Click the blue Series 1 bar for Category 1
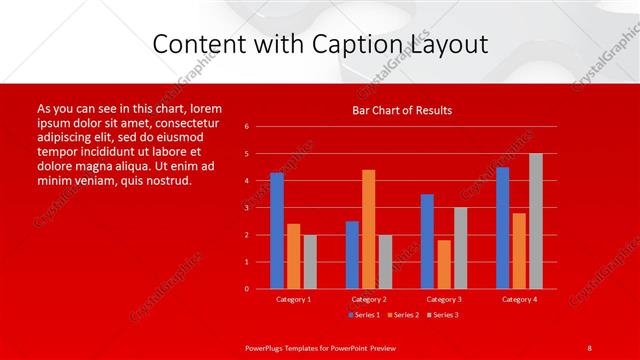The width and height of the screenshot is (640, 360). point(277,231)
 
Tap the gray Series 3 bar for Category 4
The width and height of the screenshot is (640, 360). point(536,221)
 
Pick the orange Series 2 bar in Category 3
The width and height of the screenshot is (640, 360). point(444,264)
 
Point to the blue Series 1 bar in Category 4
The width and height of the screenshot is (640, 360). point(502,228)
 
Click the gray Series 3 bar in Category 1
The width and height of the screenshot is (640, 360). point(310,262)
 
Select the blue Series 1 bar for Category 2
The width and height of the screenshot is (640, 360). point(352,255)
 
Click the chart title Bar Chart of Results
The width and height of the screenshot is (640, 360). point(402,110)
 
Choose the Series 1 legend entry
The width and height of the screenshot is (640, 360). point(363,315)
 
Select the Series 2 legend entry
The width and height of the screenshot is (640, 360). point(402,315)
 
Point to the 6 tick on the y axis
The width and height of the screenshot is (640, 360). point(247,127)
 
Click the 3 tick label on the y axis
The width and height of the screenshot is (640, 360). point(247,208)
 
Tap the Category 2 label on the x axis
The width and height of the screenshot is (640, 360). point(369,299)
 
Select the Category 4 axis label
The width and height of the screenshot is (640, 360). point(519,299)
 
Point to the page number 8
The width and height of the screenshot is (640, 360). point(589,347)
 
